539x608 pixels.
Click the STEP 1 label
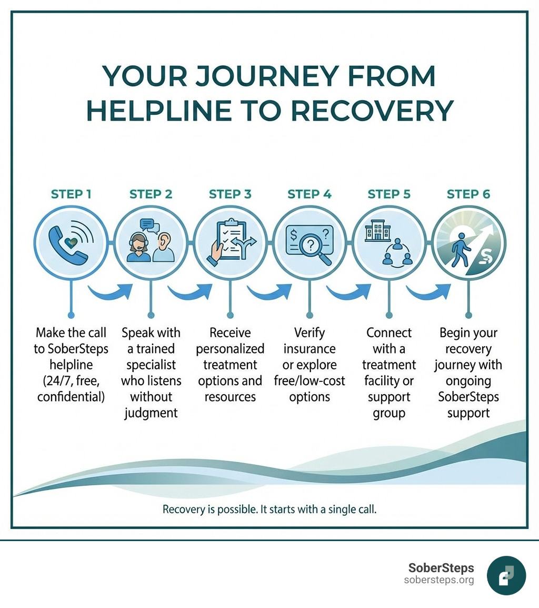pos(71,194)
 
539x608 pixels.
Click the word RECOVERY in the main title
pos(372,110)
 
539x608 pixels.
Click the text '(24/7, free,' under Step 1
pos(71,380)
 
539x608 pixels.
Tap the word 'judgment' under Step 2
pos(151,413)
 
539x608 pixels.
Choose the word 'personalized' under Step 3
pos(230,348)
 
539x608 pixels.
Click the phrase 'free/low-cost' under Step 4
pos(310,380)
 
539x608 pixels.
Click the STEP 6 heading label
pos(468,194)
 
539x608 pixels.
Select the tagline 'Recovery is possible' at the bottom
pos(211,509)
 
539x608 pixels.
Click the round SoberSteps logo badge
pos(506,575)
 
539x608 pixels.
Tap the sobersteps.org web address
pos(439,580)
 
